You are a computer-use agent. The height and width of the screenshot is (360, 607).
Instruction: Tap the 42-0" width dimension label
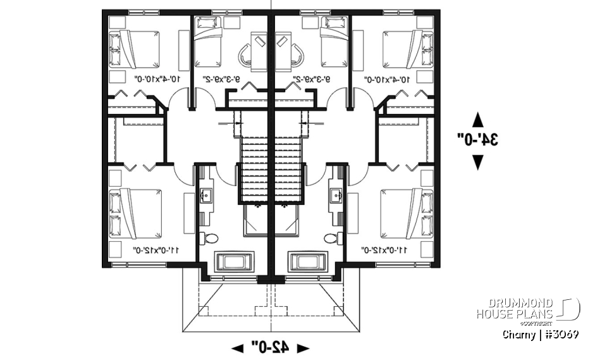[x=270, y=347]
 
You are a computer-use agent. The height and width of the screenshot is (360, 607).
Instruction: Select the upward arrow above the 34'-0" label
[x=478, y=119]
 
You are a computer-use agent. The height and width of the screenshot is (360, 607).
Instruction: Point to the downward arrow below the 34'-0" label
[x=478, y=162]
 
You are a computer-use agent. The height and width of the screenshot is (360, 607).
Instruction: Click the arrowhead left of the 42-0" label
[x=238, y=347]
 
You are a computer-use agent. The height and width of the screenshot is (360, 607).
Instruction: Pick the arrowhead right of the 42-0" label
[x=303, y=347]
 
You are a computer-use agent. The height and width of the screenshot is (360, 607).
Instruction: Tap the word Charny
[x=519, y=334]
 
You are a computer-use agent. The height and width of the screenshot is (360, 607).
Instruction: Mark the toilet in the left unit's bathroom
[x=209, y=238]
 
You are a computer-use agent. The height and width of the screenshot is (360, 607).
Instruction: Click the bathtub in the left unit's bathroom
[x=235, y=261]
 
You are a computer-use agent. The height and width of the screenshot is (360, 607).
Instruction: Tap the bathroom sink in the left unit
[x=207, y=194]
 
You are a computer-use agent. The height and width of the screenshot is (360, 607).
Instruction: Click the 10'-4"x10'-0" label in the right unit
[x=391, y=80]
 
